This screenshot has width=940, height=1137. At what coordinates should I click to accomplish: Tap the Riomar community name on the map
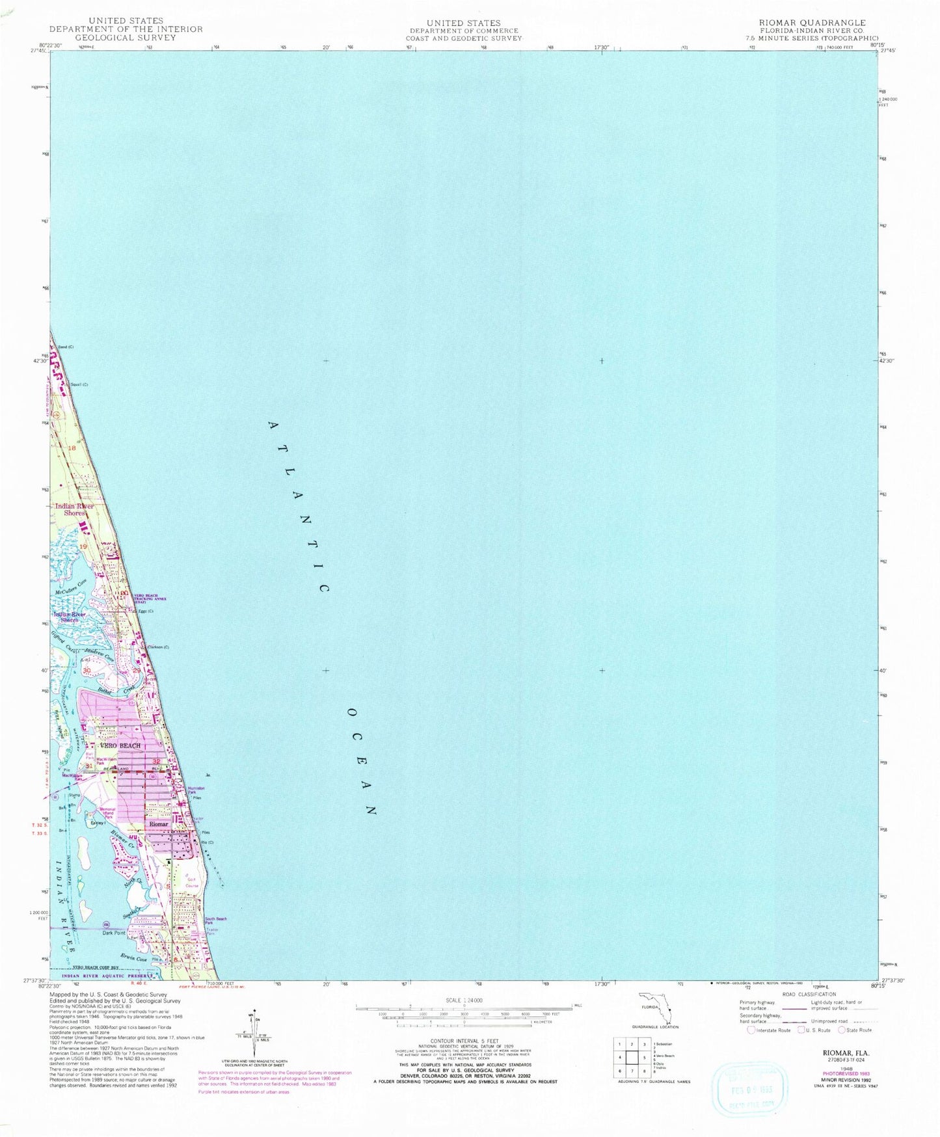(159, 824)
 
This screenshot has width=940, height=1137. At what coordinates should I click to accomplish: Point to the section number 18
(72, 448)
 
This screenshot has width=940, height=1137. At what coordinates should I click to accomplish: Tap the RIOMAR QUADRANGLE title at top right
(816, 21)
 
